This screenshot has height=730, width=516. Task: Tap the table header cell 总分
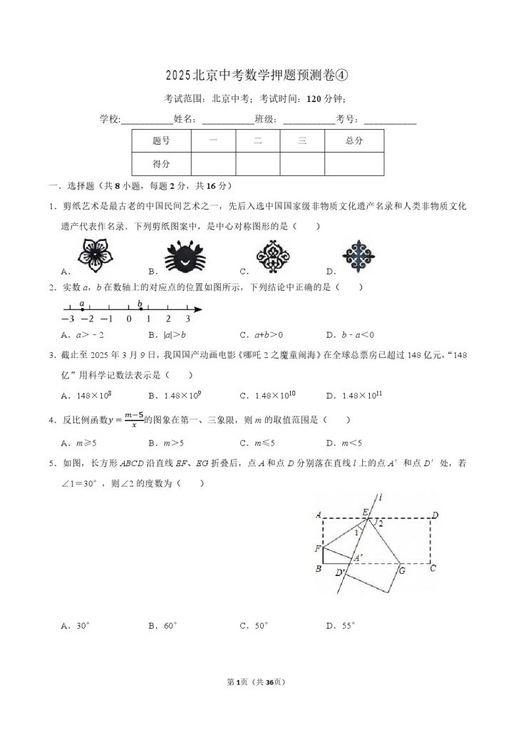tap(354, 141)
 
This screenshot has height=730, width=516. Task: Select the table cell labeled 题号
tap(161, 141)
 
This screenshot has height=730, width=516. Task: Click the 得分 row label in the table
tap(161, 164)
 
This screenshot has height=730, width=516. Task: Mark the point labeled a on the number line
tap(83, 309)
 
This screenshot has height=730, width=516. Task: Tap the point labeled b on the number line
tap(140, 309)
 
